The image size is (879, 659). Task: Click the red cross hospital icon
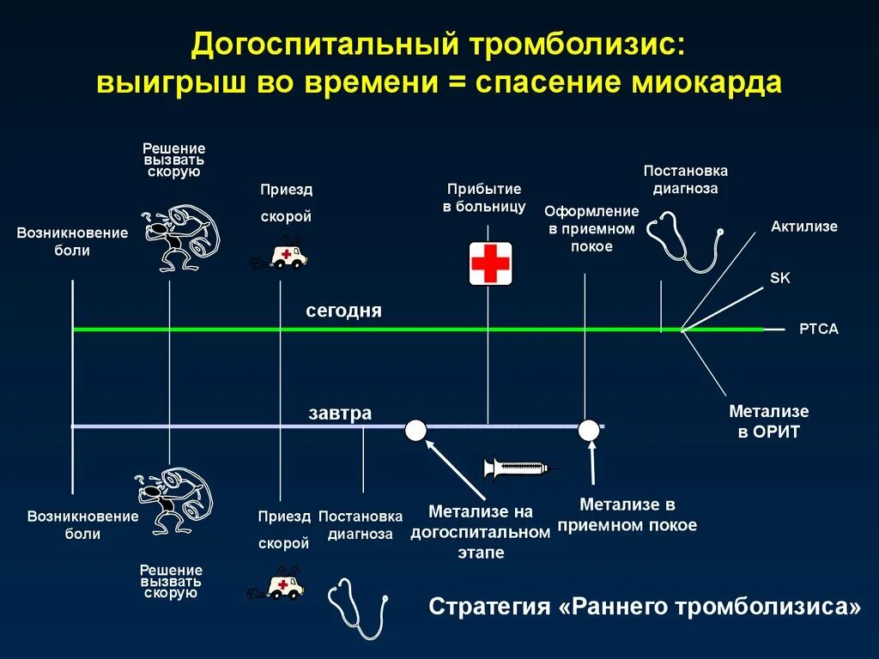(x=490, y=263)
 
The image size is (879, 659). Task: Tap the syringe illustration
(x=517, y=469)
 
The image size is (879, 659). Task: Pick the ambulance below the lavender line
(x=280, y=586)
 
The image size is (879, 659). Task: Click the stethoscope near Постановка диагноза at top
(x=683, y=241)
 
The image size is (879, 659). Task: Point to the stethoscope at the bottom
(x=358, y=607)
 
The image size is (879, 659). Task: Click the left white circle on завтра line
(x=415, y=430)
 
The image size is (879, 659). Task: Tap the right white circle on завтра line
(x=589, y=430)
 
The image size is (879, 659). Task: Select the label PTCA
(x=818, y=329)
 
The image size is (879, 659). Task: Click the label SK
(x=779, y=278)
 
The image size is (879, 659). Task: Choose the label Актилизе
(x=803, y=227)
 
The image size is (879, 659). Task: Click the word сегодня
(x=343, y=311)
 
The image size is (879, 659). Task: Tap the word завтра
(x=340, y=414)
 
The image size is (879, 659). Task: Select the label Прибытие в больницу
(x=484, y=197)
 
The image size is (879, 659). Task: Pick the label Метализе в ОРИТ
(x=768, y=421)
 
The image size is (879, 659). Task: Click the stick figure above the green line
(x=179, y=237)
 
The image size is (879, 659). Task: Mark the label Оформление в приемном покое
(x=591, y=228)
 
